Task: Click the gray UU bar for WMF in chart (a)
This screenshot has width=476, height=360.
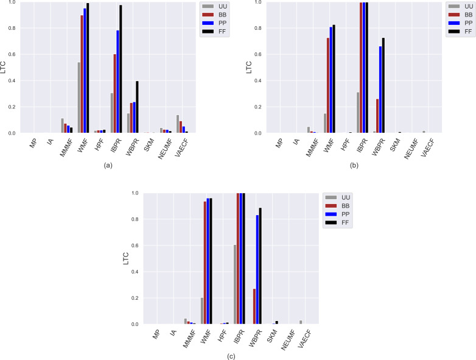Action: pyautogui.click(x=79, y=97)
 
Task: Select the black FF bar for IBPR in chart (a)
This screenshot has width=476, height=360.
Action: pyautogui.click(x=121, y=69)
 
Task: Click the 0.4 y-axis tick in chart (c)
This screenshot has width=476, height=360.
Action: pyautogui.click(x=144, y=272)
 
